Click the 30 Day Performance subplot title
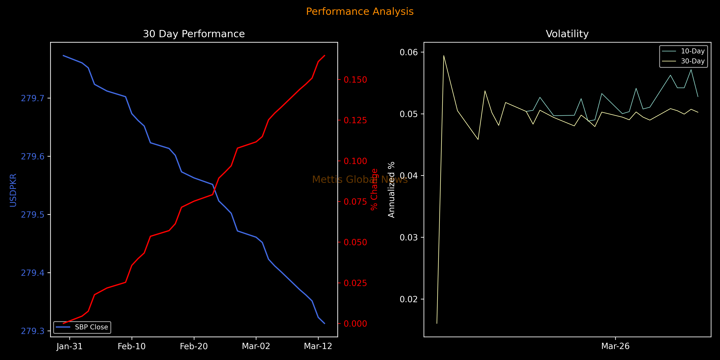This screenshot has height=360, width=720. [194, 34]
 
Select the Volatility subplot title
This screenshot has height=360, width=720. [567, 34]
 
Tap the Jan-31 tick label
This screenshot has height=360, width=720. [70, 346]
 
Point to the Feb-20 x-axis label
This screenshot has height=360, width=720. [194, 346]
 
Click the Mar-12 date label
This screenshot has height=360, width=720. [318, 346]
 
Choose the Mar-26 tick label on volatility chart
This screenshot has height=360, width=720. [615, 346]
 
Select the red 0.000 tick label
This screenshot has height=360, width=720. [355, 324]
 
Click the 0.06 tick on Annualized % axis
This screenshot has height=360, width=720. [409, 52]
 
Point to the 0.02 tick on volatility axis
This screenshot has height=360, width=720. [409, 299]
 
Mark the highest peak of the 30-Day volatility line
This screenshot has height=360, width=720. [444, 56]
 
